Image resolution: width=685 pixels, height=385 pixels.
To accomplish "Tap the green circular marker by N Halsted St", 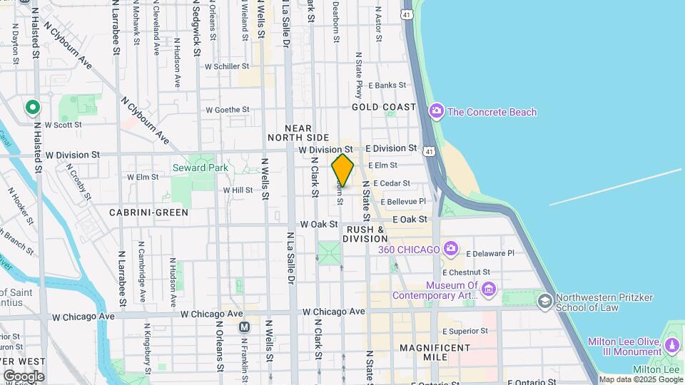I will click(32, 108).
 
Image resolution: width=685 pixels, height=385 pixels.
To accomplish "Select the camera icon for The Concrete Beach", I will click(436, 111).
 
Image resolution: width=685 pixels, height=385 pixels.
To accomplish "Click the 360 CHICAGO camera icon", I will click(450, 249).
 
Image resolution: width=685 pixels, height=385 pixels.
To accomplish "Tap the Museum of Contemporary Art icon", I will click(488, 289).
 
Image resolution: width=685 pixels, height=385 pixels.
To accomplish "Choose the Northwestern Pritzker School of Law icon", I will click(545, 300).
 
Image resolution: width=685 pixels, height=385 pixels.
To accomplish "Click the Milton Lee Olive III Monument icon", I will click(671, 346).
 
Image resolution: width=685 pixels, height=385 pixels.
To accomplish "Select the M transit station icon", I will click(244, 327).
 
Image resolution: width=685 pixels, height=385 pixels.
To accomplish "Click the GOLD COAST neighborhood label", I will click(383, 107).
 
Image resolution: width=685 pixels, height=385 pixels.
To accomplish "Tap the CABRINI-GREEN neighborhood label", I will click(148, 212).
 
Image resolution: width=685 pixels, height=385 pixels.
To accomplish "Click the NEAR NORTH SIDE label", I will click(298, 131).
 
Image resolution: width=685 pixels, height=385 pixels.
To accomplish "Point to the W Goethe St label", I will click(228, 110).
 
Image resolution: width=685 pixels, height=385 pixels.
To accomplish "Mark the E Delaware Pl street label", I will click(489, 253).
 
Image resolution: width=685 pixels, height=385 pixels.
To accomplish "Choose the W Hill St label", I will click(238, 190).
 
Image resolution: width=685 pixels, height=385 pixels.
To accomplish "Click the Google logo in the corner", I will click(24, 376).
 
